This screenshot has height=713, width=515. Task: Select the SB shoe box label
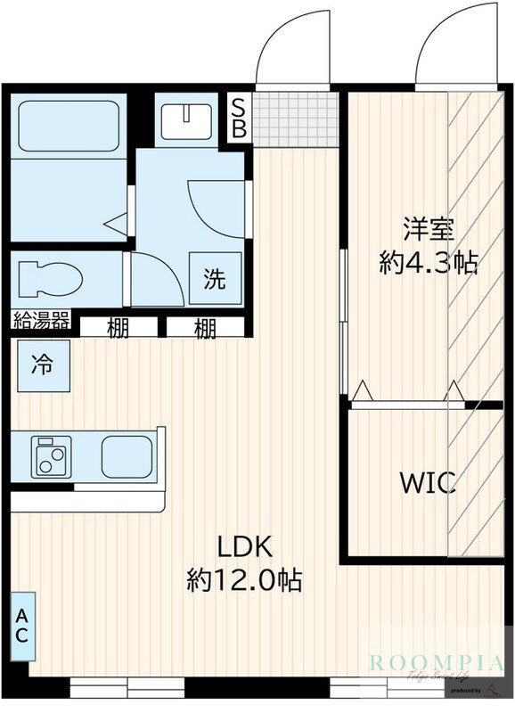[x=239, y=117]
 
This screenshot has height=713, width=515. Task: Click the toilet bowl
[x=49, y=278]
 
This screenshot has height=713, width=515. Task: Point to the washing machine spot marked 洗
[x=215, y=279]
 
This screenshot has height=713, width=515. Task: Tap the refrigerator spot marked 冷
[x=42, y=365]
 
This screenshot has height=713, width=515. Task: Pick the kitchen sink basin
[x=128, y=456]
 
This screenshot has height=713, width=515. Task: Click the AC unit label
[x=21, y=626]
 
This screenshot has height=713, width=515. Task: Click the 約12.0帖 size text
[x=243, y=581]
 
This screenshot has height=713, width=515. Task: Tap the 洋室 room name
[x=429, y=229]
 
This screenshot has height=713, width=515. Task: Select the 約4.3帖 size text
[x=429, y=263]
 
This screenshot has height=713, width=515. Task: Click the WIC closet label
[x=428, y=483]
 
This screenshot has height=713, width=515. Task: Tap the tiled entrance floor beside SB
[x=296, y=117]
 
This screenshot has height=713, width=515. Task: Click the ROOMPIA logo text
[x=437, y=661]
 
